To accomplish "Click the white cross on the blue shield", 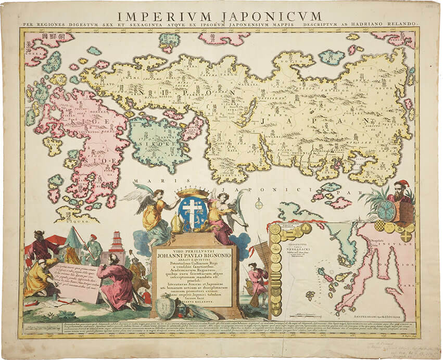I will [192, 212].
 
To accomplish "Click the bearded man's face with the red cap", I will [400, 190].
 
